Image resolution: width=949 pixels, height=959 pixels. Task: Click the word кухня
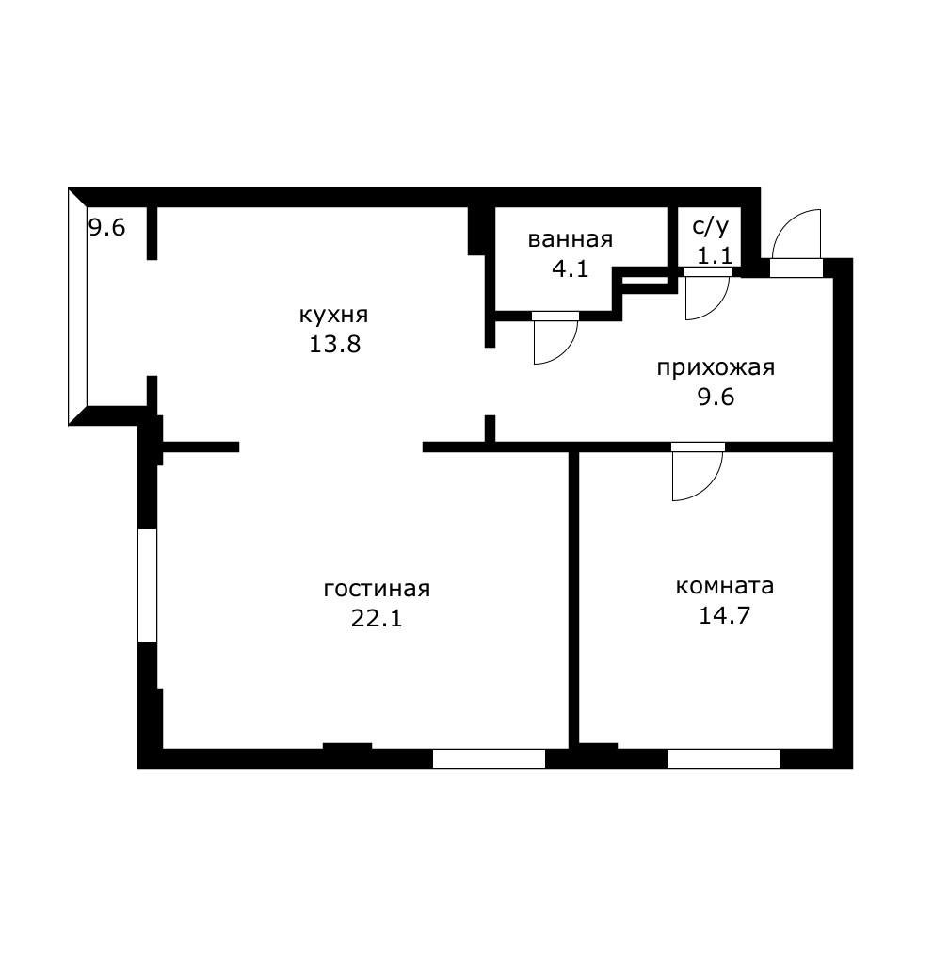coord(333,316)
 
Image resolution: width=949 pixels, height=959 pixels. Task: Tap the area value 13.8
coord(335,345)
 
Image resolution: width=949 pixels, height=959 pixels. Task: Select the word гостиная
coord(377,589)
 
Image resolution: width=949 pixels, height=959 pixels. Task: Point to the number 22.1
coord(377,618)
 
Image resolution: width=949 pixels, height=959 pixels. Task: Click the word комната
coord(724,586)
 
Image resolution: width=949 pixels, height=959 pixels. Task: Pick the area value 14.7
coord(724,615)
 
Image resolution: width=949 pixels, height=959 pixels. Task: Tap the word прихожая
coord(716,368)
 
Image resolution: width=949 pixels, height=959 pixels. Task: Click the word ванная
coord(571,239)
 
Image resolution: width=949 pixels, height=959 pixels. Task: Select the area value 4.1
coord(571,268)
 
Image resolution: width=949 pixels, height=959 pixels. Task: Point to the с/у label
coord(711,226)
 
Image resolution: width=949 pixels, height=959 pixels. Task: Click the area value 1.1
coord(715,255)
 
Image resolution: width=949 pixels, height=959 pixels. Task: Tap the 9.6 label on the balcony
coord(107,228)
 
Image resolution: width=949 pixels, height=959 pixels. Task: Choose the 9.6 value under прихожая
coord(716,398)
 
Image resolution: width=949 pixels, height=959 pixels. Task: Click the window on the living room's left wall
coord(147,585)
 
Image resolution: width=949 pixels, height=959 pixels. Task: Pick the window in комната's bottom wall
coord(723,758)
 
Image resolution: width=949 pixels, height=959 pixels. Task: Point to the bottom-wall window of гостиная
coord(489,758)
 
